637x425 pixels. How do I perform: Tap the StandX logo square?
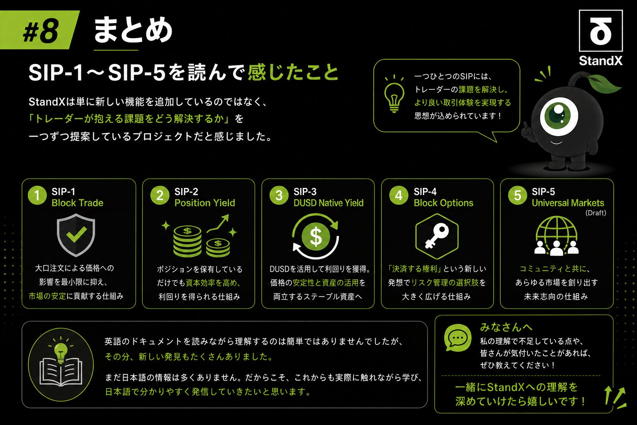[x=601, y=31]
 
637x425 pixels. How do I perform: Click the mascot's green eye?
[x=559, y=115]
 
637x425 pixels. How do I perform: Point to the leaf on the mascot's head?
[x=604, y=83]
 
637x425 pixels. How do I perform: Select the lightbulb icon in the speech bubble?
[x=394, y=94]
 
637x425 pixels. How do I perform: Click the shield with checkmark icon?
[x=76, y=235]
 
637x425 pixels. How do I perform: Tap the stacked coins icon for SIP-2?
[x=199, y=236]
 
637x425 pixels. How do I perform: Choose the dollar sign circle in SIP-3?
[x=316, y=236]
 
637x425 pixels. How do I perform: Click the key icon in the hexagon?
[x=437, y=236]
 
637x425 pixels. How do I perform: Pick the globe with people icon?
[x=557, y=236]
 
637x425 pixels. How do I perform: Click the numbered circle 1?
[x=37, y=195]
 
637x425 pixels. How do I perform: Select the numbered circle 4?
[x=399, y=195]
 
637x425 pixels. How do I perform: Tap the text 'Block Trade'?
[x=78, y=203]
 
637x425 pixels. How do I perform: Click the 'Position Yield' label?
[x=205, y=203]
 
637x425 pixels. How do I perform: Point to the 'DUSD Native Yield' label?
[x=328, y=203]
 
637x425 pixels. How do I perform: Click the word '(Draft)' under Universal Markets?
[x=596, y=213]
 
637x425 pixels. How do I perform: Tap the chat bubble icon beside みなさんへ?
[x=457, y=338]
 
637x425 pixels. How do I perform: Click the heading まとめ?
[x=133, y=30]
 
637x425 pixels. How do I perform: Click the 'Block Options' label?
[x=444, y=203]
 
